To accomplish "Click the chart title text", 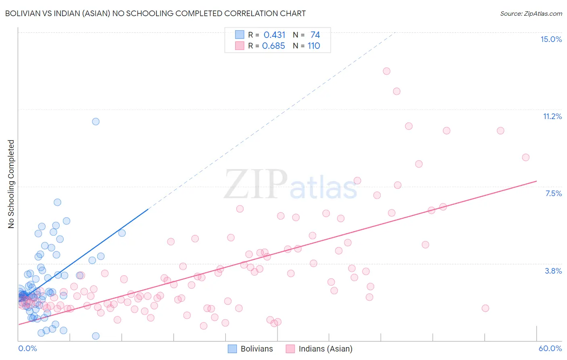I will pos(155,13).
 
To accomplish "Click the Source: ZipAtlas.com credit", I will pos(531,13).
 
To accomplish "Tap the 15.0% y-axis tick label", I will pos(551,39).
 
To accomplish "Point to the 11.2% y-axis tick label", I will pos(552,116).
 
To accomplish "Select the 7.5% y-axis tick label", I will pos(553,193).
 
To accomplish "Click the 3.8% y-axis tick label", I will pos(553,271).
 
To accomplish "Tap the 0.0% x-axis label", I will pos(27,348).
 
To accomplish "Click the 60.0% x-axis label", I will pos(550,348).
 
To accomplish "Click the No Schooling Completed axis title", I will pos(11,184).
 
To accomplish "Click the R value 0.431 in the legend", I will pos(274,35).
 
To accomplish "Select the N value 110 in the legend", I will pos(314,46).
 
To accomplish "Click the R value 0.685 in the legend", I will pos(273,46).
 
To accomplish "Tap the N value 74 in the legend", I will pos(315,35).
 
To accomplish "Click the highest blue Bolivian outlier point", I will pos(96,121).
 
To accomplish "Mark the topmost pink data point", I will pos(386,71).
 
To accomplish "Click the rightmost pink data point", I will pos(525,157).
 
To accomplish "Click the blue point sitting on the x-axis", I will pos(96,336).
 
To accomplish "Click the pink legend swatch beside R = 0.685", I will pos(240,46).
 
